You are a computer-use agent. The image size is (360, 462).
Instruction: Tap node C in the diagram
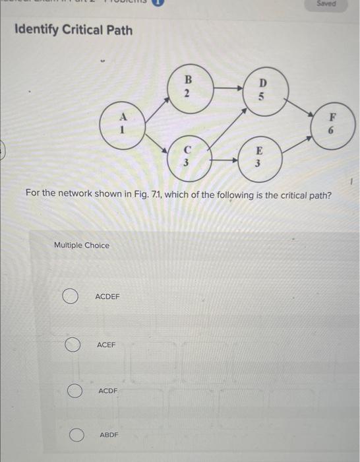coord(187,156)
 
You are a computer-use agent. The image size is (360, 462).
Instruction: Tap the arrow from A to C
coord(153,141)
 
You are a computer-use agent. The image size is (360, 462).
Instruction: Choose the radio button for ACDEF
coord(71,297)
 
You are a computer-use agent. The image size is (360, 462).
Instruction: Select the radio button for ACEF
coord(73,345)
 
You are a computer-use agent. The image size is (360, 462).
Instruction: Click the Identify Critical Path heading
coord(73,30)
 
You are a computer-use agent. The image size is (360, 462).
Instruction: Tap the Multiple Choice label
coord(82,246)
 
